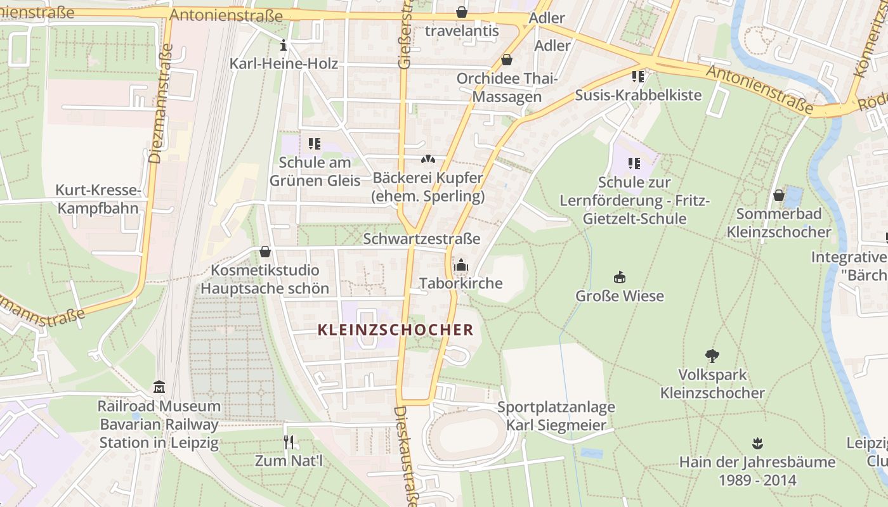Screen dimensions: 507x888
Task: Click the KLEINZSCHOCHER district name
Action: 395,330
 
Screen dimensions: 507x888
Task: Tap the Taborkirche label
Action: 460,283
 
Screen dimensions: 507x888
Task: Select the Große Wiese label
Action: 619,295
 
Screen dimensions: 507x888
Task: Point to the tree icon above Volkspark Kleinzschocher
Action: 712,356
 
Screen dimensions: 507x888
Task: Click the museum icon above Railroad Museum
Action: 159,387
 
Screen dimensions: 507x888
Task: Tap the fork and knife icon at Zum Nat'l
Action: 289,442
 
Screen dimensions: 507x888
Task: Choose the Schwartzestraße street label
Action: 421,238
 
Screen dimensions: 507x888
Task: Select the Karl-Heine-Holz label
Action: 284,63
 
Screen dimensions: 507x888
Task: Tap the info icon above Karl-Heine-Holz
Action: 284,46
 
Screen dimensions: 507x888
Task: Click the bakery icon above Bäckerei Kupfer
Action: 428,159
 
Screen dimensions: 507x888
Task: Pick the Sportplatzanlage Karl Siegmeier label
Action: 556,416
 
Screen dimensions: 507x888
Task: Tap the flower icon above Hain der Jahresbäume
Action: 757,442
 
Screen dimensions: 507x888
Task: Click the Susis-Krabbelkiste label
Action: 638,95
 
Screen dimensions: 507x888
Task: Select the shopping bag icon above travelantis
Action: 461,12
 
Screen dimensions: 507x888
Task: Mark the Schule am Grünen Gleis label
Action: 315,171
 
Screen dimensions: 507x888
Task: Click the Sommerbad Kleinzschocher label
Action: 779,222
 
